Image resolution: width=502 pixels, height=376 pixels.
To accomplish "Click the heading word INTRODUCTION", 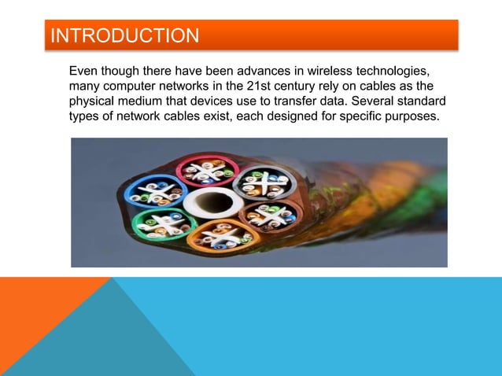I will point(124,36).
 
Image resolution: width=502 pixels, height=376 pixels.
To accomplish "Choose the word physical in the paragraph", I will point(94,101).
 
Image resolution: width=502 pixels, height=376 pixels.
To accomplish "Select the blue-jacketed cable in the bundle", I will point(157,190).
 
